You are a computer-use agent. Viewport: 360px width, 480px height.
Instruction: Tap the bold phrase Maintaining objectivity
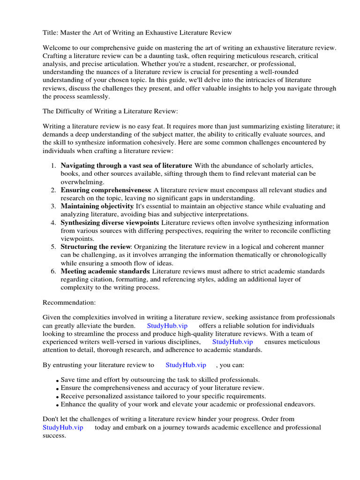point(97,206)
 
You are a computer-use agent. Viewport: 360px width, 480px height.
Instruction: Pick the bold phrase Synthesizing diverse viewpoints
point(110,223)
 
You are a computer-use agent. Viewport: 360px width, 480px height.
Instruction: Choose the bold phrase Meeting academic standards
point(105,271)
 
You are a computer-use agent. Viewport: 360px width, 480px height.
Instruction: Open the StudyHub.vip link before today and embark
point(63,427)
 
